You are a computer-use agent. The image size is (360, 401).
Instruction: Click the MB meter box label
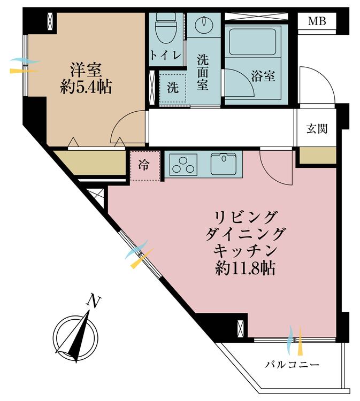317,22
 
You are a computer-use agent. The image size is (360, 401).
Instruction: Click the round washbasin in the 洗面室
203,24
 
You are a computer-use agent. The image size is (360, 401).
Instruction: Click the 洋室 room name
86,70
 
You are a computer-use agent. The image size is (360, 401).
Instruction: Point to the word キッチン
246,250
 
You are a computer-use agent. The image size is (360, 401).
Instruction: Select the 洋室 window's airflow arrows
24,66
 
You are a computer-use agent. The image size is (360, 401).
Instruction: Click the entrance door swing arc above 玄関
316,86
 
